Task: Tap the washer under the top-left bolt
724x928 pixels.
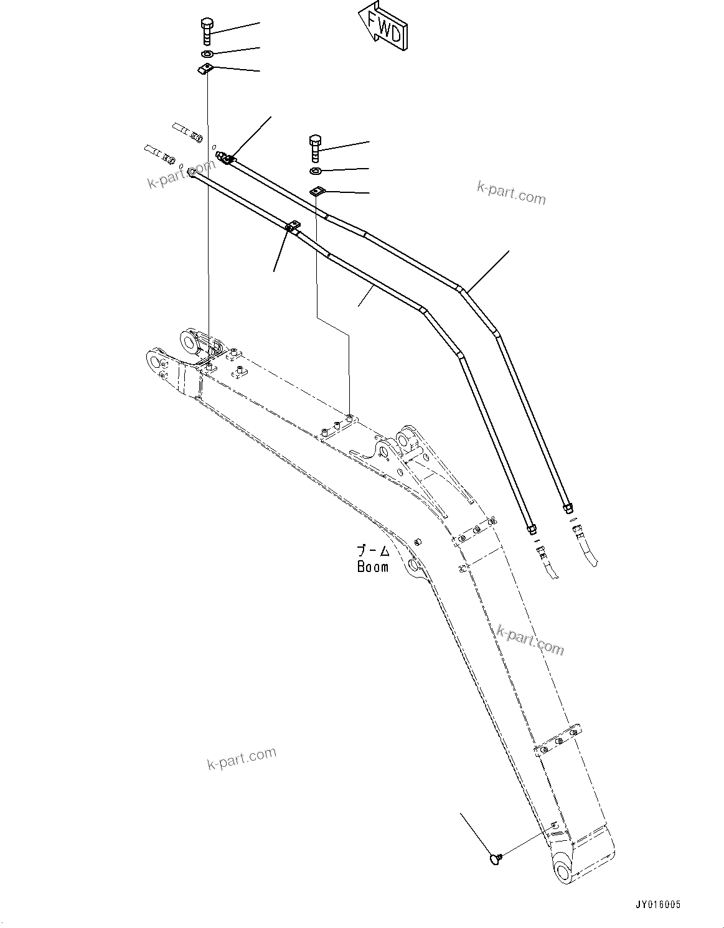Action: (207, 54)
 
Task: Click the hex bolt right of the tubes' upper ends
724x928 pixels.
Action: (315, 148)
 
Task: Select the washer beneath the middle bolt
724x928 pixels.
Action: (316, 171)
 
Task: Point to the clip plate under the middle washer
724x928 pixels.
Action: (317, 192)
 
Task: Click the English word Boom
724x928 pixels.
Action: (372, 567)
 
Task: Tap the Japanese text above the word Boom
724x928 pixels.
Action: (372, 551)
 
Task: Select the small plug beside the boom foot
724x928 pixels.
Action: (496, 859)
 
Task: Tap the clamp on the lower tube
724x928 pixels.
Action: (292, 228)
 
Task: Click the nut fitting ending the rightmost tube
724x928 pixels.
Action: (567, 507)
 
